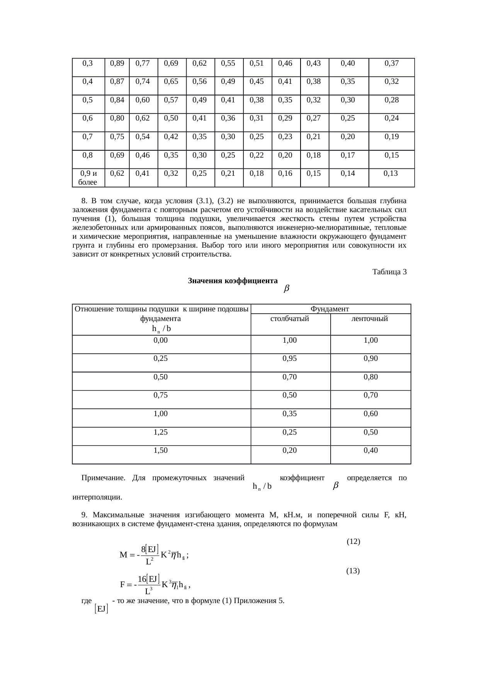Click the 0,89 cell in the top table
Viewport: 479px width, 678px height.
[117, 63]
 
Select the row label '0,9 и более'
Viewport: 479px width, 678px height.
[88, 178]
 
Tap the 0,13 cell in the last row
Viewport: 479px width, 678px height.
[391, 173]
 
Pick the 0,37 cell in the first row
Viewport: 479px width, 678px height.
[391, 63]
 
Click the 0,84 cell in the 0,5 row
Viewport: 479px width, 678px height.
[117, 100]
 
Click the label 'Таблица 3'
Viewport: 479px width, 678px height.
[389, 272]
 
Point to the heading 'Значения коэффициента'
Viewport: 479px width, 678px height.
[233, 281]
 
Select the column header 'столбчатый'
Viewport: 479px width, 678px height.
[290, 319]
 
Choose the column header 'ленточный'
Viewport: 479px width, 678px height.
[370, 319]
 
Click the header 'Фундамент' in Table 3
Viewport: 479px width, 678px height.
[330, 309]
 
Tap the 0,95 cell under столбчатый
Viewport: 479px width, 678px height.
[290, 359]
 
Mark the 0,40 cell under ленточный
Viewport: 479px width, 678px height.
[370, 450]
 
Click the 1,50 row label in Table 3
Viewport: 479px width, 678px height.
[161, 450]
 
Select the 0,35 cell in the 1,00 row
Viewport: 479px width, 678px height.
[290, 414]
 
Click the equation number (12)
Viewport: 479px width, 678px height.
[353, 541]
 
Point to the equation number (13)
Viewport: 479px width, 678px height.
[353, 571]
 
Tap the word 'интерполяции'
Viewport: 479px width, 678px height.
[97, 497]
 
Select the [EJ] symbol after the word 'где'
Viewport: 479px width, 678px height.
[101, 609]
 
